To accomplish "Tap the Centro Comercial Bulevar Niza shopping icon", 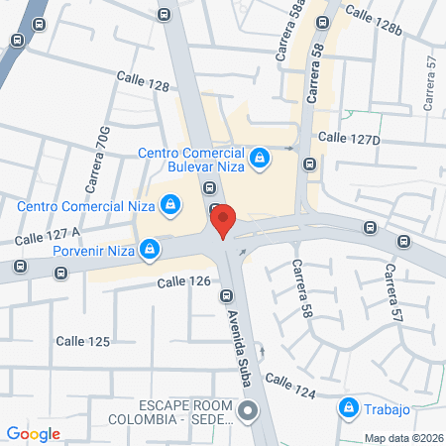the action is point(260,158).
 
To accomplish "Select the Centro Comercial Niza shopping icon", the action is point(170,205).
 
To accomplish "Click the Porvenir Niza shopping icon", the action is point(149,248).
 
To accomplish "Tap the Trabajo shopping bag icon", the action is point(348,406).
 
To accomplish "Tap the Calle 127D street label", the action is point(349,139).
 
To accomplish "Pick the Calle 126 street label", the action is point(184,282).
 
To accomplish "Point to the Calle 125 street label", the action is point(82,341).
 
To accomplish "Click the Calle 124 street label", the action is point(290,387).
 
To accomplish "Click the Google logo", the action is point(34,433).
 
